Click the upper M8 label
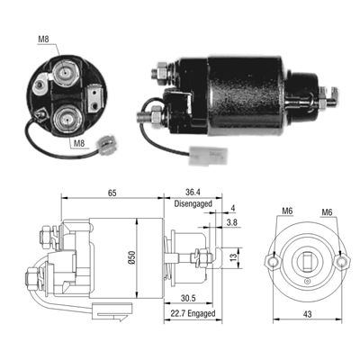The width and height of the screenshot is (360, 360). [x=44, y=39]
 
